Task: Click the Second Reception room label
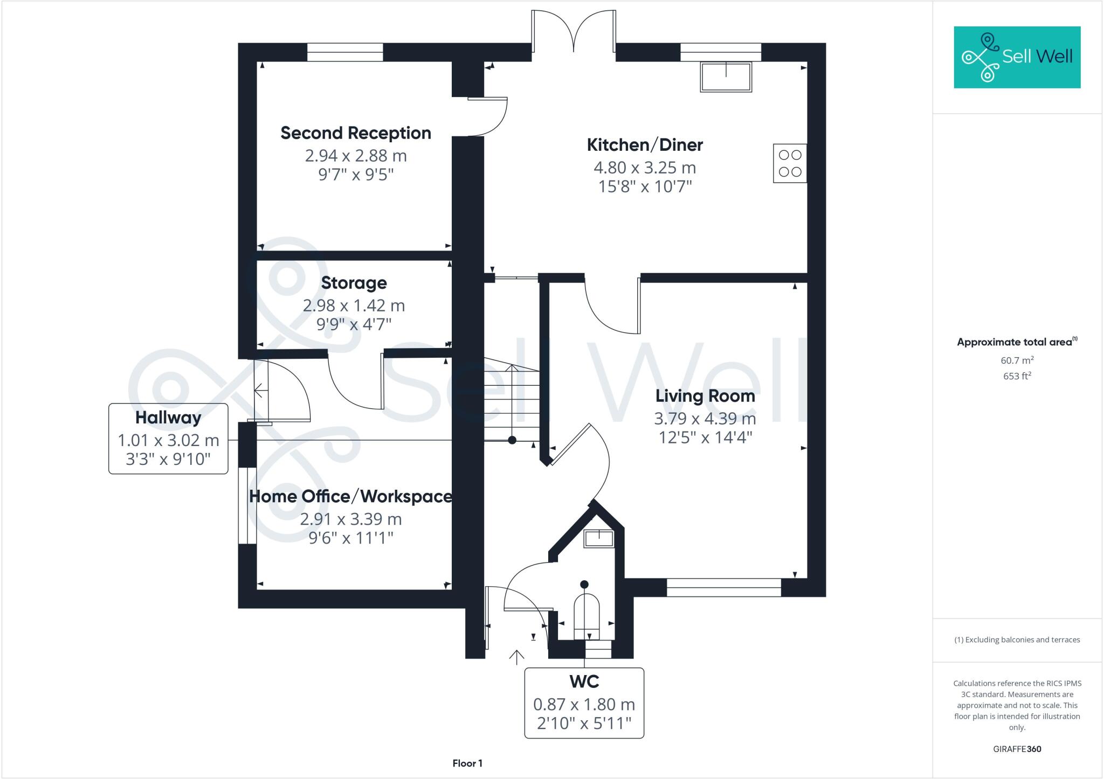tap(355, 133)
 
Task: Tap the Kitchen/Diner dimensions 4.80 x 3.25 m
tap(645, 168)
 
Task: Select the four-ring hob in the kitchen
tap(790, 163)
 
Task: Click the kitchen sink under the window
tap(726, 76)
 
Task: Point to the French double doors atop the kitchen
tap(574, 31)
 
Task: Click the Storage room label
tap(354, 283)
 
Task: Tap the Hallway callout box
tap(168, 438)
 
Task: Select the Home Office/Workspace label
tap(350, 496)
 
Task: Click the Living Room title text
tap(705, 396)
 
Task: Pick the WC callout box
tap(584, 703)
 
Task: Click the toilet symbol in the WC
tap(586, 614)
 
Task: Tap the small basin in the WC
tap(599, 538)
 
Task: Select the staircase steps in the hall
tap(511, 401)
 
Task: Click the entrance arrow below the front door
tap(516, 657)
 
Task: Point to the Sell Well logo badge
tap(1017, 57)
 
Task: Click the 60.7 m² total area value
tap(1017, 360)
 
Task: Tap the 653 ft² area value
tap(1017, 376)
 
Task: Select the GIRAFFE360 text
tap(1017, 749)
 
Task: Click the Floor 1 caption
tap(467, 763)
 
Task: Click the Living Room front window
tap(723, 587)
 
